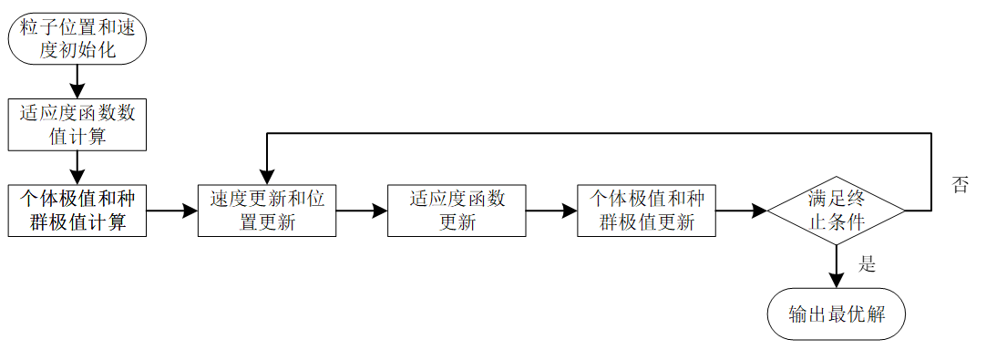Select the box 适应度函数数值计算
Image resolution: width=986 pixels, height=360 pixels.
coord(77,124)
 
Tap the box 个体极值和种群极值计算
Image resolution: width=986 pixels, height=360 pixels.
coord(77,211)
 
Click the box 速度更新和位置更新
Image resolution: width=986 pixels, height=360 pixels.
coord(267,211)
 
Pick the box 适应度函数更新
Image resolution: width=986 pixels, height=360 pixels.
coord(457,211)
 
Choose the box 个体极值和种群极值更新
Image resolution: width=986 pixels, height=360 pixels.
coord(646,211)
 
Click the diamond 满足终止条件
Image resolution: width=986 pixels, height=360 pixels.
coord(836,211)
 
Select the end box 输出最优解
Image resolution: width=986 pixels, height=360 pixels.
coord(837,314)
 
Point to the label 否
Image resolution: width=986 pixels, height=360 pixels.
coord(960,185)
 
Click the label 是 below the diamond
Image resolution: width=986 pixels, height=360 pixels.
coord(867,264)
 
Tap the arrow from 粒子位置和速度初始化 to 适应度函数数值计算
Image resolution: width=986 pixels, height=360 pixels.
coord(77,82)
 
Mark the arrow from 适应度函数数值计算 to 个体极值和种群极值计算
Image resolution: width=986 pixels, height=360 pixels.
coord(77,168)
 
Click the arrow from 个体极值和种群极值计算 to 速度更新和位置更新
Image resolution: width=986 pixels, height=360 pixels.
coord(172,211)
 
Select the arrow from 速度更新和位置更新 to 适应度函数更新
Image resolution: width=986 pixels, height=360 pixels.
coord(362,211)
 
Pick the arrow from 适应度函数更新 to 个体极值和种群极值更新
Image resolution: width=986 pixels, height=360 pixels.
coord(551,211)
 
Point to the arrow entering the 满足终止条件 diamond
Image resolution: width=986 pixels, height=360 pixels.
coord(741,211)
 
